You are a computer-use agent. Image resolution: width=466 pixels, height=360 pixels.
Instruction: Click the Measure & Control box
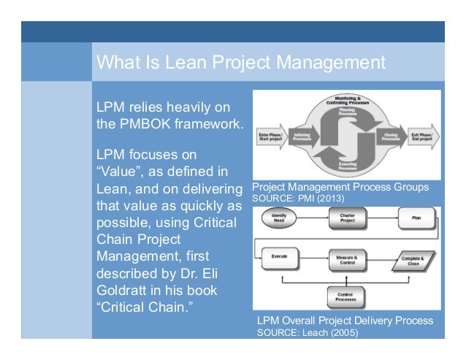(x=347, y=260)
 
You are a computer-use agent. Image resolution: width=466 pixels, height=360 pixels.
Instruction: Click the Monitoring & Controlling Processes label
(x=348, y=101)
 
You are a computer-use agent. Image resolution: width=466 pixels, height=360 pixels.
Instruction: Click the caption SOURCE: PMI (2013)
(x=297, y=198)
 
